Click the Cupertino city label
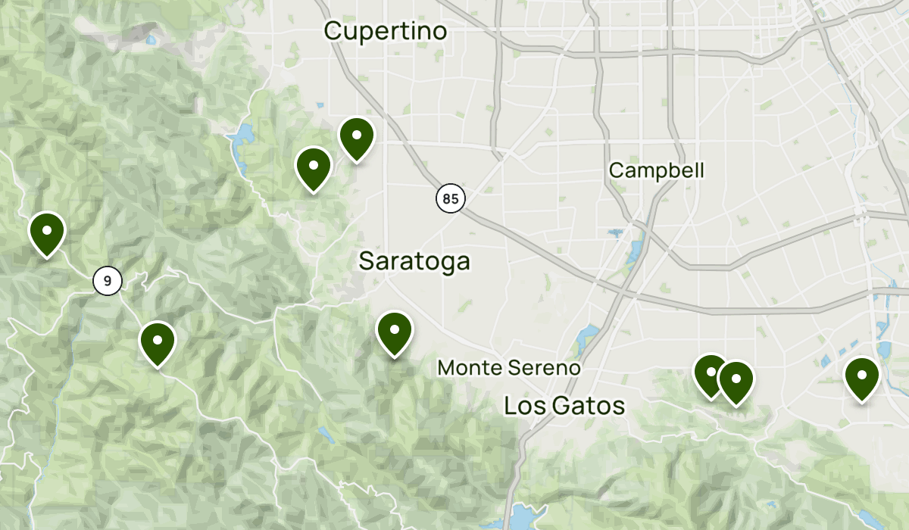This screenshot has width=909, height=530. [x=386, y=31]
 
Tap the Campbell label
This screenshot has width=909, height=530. [x=656, y=170]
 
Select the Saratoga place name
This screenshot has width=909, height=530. [x=414, y=261]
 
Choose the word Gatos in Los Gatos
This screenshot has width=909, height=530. [x=588, y=406]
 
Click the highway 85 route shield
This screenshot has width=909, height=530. [x=450, y=199]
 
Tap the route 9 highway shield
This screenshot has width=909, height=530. [x=108, y=281]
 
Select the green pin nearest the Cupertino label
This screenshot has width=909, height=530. [x=356, y=138]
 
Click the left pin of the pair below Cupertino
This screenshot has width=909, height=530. [x=313, y=167]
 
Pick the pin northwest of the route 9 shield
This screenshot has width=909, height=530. [x=47, y=232]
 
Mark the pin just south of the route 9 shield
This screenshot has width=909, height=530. [x=158, y=342]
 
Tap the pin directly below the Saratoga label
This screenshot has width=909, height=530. [x=394, y=332]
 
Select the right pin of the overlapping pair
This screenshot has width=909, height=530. [x=736, y=381]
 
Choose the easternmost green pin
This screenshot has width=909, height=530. [x=861, y=377]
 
